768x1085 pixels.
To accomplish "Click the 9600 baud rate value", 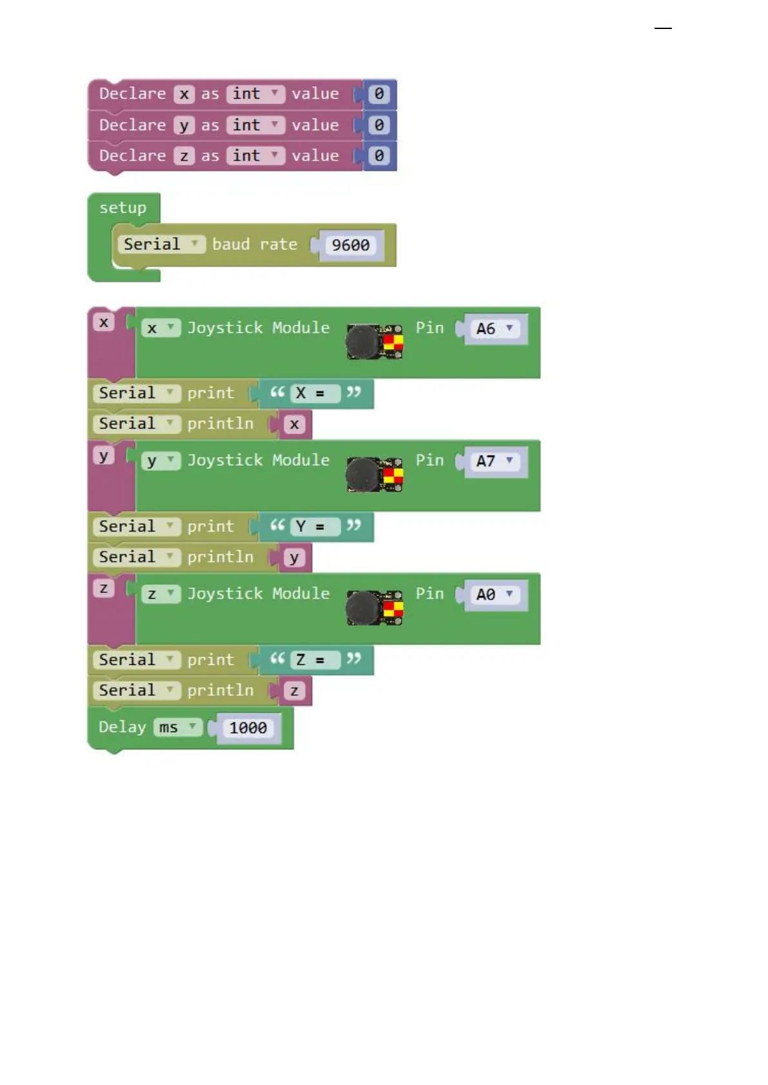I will point(350,245).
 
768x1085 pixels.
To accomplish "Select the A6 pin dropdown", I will point(494,329).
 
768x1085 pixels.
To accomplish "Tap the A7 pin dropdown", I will point(494,461).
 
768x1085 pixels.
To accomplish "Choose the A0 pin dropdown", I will point(494,595).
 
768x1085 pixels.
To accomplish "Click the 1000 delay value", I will point(248,728).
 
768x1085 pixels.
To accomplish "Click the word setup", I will point(123,208).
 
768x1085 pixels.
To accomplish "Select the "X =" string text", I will point(310,393).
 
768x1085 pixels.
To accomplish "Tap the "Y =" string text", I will point(310,526).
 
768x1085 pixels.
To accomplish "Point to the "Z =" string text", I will point(310,660).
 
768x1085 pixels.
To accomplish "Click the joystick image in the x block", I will point(374,341).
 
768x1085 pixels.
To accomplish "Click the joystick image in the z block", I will point(374,608).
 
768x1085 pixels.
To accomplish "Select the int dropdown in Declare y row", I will point(255,125).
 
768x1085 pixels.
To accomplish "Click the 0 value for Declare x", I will point(379,94).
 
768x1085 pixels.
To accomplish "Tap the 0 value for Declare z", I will point(379,156).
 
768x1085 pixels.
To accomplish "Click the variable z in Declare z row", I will point(184,156).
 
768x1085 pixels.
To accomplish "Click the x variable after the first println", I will point(295,425).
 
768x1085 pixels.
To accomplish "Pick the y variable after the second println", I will point(295,558).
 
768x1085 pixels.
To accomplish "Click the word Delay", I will point(122,727).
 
